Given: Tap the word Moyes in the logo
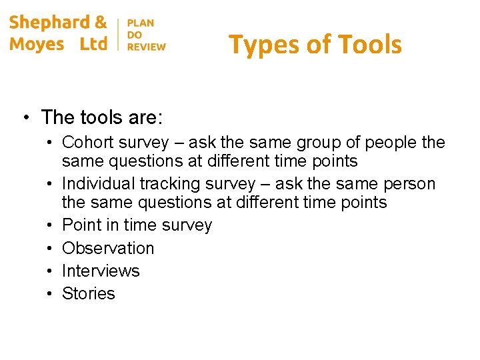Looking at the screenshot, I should point(37,44).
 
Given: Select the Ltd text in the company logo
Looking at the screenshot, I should point(93,44).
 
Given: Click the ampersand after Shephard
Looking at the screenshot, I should point(101,22).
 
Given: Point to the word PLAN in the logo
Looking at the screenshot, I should point(141,23).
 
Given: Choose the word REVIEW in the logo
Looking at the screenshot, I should point(146,47).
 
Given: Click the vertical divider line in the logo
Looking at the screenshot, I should point(118,34).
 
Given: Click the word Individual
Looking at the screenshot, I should point(102,184).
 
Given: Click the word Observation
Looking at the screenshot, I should point(108,248).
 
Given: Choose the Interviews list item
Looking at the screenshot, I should point(101,271).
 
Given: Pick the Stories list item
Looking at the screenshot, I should point(89,293).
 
